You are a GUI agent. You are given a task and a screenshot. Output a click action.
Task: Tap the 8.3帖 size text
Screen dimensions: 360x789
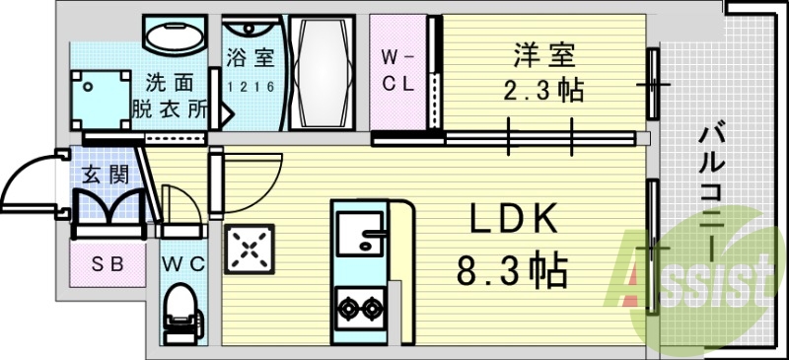pos(512,269)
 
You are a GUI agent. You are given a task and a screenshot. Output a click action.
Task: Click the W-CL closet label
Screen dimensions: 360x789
pos(398,69)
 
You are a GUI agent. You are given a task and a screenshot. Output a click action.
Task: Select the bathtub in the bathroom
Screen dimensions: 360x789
pos(323,72)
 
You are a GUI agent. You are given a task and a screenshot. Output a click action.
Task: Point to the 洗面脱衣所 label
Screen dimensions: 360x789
pos(170,96)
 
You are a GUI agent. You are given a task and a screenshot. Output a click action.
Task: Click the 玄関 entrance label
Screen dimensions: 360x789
pos(103,176)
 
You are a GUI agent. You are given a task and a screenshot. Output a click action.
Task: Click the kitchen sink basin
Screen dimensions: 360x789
pos(360,237)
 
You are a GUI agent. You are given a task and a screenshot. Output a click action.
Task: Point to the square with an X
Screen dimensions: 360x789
pos(251,251)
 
